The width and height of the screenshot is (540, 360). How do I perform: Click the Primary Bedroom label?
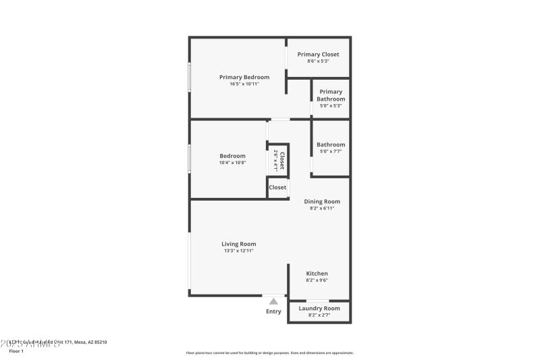tap(244, 77)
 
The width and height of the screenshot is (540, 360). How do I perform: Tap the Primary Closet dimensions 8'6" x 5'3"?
tap(318, 61)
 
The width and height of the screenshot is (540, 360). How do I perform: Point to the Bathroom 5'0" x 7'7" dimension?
tap(331, 151)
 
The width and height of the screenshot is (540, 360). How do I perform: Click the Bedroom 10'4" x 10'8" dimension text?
tap(232, 163)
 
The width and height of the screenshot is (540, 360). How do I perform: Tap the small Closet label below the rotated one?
tap(277, 187)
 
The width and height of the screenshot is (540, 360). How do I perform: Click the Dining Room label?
tap(322, 201)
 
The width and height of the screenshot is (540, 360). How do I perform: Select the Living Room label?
tap(239, 244)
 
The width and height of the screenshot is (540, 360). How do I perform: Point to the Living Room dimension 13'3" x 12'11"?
tap(239, 251)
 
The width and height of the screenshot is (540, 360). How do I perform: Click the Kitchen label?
tap(317, 274)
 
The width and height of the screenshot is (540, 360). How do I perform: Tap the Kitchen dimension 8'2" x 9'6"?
tap(317, 280)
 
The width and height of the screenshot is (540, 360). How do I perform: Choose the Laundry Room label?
tap(320, 308)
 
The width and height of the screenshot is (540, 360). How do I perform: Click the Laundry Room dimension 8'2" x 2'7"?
tap(320, 315)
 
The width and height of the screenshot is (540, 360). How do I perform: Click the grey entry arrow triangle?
tap(273, 302)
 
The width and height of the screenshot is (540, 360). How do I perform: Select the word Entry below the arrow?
tap(273, 311)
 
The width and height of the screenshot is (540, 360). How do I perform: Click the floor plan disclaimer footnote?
tap(269, 353)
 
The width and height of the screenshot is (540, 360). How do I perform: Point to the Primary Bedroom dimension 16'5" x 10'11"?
tap(244, 84)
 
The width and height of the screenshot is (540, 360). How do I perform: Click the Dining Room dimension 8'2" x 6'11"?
tap(322, 208)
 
